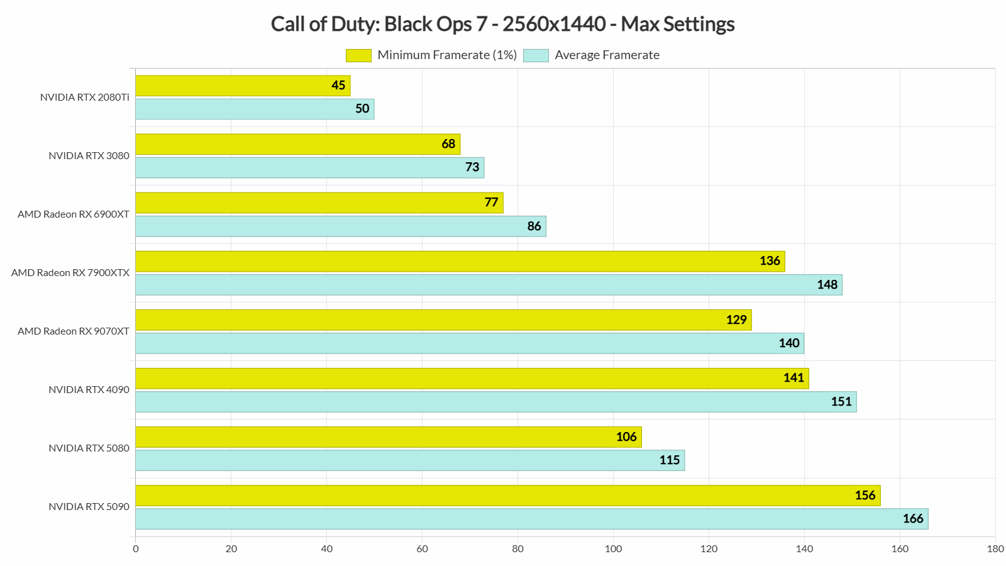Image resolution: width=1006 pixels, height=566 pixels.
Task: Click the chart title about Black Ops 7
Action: (x=502, y=24)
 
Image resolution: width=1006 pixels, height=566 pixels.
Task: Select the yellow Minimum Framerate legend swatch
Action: (x=358, y=55)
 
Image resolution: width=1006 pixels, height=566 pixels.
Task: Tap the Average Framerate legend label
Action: (x=607, y=55)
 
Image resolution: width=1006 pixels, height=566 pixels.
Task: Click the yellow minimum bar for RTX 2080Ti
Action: (x=243, y=86)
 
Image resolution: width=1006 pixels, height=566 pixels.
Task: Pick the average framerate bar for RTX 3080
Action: (x=309, y=167)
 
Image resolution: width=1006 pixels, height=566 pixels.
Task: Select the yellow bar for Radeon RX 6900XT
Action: (x=319, y=203)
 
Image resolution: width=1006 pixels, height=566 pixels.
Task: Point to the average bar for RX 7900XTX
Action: (x=489, y=285)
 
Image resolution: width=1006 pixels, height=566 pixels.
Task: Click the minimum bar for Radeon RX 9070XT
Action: (x=443, y=319)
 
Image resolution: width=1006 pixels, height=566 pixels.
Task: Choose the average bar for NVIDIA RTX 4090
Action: (x=495, y=402)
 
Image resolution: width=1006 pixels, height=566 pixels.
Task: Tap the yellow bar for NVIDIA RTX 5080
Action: (x=389, y=437)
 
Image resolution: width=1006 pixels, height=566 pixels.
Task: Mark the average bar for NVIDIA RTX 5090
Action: (x=531, y=519)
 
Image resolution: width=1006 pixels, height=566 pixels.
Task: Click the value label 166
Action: (x=913, y=519)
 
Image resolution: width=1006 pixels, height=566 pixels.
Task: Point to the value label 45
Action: (x=338, y=86)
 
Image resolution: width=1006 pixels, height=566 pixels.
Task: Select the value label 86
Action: (x=534, y=226)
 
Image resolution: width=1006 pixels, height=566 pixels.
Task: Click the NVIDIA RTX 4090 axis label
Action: (x=89, y=390)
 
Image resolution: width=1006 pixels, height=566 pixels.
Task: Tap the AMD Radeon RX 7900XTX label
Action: (x=70, y=273)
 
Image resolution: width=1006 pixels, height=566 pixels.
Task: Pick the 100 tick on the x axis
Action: (x=613, y=549)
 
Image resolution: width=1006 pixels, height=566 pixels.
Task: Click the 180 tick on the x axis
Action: (x=995, y=549)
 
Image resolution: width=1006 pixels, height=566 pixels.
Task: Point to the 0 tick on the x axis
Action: (x=136, y=549)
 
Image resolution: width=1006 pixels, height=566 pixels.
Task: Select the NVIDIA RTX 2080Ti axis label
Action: (x=84, y=97)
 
